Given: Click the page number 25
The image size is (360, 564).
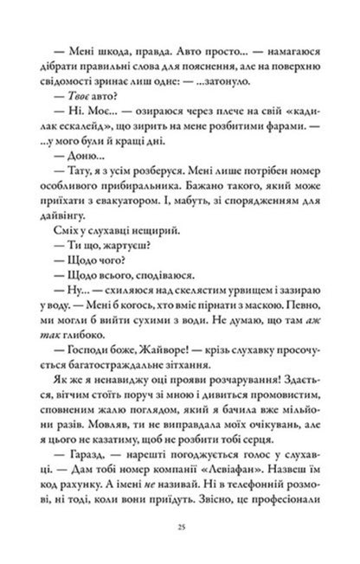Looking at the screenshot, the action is [x=180, y=527].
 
